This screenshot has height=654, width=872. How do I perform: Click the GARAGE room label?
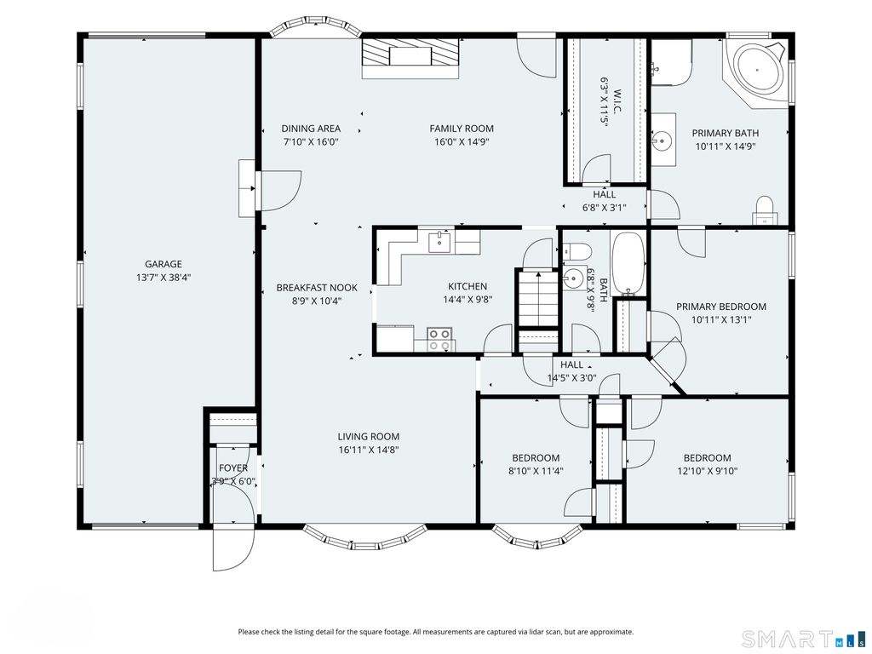163,264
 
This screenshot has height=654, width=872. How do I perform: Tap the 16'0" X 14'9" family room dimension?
462,142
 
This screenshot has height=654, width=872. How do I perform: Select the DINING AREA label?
311,129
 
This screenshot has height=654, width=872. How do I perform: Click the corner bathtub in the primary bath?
757,71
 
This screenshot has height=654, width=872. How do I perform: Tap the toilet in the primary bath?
765,210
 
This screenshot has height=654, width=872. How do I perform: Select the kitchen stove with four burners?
439,340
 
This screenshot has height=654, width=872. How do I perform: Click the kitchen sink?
439,242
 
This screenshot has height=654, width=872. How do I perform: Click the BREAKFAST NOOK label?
317,288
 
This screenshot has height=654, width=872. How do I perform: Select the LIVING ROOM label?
368,437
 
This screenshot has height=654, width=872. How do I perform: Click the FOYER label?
233,468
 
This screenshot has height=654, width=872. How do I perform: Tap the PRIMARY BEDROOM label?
721,307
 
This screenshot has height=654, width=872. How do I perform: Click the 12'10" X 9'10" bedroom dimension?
707,472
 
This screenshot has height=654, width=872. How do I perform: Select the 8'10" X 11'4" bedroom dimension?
536,472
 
